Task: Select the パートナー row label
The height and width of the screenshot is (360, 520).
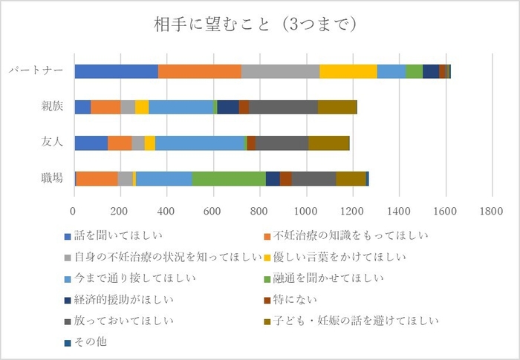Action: (x=36, y=72)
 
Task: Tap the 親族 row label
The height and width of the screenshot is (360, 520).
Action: (x=52, y=107)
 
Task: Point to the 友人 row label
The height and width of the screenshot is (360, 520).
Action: (x=52, y=143)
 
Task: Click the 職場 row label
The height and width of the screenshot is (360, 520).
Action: (x=52, y=178)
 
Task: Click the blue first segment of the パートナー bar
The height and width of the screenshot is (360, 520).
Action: (x=116, y=71)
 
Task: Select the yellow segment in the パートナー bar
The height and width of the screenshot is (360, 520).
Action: (x=348, y=71)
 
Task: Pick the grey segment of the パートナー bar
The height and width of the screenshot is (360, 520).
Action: (x=280, y=71)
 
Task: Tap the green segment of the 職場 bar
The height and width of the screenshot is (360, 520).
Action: (x=229, y=178)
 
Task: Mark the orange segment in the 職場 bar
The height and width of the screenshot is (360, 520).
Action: (x=97, y=178)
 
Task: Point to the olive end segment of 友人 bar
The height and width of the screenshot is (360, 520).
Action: (x=328, y=143)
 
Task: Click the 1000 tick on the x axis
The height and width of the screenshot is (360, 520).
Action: (x=307, y=211)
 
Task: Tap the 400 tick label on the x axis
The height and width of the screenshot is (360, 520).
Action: (x=167, y=211)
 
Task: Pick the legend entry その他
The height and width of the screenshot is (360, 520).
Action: (x=92, y=342)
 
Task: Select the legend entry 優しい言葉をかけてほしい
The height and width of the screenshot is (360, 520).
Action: (x=341, y=258)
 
